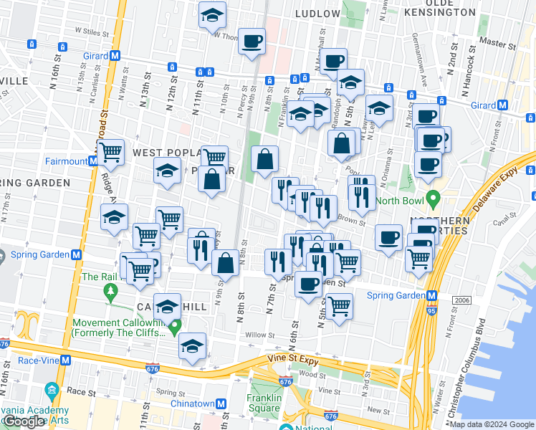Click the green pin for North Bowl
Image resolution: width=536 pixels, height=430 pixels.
tap(432, 197)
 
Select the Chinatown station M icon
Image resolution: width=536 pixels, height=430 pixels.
tap(222, 403)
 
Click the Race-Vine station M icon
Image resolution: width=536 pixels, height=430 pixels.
tap(65, 360)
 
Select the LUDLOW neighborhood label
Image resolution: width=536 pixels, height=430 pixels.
tap(317, 14)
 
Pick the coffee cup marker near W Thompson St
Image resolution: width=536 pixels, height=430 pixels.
tap(252, 41)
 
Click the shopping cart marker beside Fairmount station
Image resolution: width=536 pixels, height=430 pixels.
tap(110, 151)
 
